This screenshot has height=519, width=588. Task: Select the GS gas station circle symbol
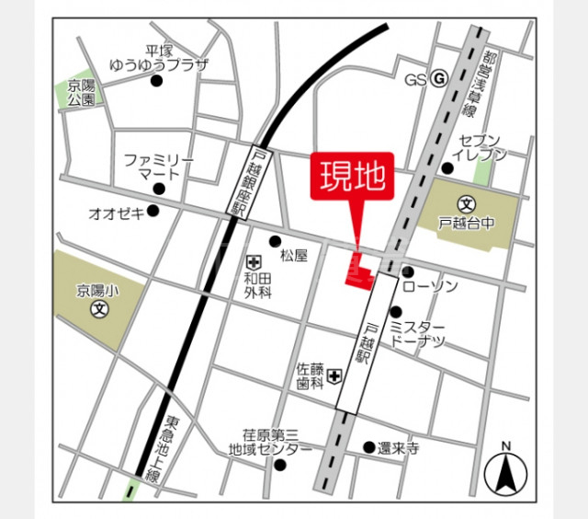[x=439, y=79]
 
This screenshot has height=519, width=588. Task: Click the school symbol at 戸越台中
[x=466, y=204]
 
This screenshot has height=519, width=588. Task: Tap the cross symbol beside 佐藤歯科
[x=335, y=375]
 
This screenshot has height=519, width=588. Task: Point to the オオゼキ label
[x=116, y=213]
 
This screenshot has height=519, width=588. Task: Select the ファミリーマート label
[x=159, y=166]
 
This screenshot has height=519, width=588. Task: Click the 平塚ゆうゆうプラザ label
[x=159, y=59]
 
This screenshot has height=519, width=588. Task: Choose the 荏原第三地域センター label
[x=270, y=444]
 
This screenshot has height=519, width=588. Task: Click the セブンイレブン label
[x=482, y=148]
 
